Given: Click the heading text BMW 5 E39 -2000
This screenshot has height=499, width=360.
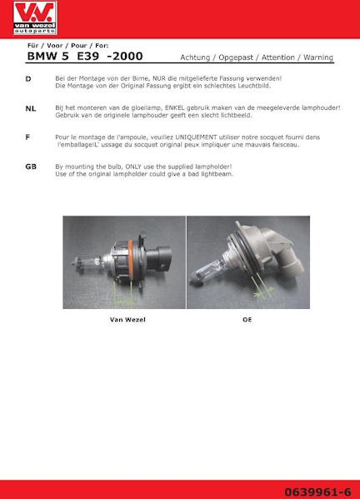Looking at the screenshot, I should pyautogui.click(x=84, y=57).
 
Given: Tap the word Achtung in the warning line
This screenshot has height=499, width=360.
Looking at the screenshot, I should pyautogui.click(x=197, y=57).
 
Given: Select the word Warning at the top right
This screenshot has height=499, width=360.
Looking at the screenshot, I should pyautogui.click(x=317, y=57).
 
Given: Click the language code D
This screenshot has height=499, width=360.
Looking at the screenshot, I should pyautogui.click(x=28, y=78).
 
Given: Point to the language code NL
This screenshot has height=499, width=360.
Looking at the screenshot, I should pyautogui.click(x=31, y=108).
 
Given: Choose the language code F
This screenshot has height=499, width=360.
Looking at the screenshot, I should pyautogui.click(x=28, y=137).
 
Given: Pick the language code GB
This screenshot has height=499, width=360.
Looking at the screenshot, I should pyautogui.click(x=31, y=167).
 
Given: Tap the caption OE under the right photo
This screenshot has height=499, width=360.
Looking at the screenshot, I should pyautogui.click(x=247, y=319).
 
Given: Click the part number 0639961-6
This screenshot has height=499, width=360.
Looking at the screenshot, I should pyautogui.click(x=322, y=490).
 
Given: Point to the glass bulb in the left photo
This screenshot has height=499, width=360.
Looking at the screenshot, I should pyautogui.click(x=87, y=254).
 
